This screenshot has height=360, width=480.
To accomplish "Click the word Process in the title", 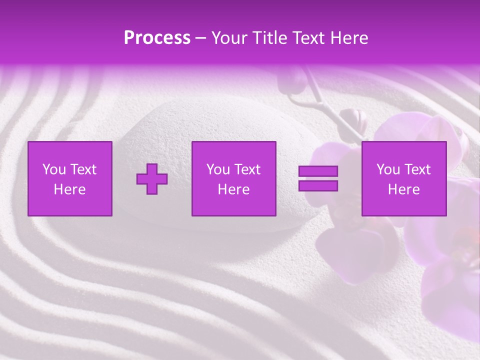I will (x=157, y=38).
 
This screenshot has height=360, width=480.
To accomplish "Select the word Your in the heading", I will (x=230, y=38).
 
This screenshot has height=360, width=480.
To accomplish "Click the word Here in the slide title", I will (x=348, y=38).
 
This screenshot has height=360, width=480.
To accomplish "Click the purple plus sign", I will (x=152, y=178).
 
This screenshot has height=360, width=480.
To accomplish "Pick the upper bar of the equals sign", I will (x=318, y=171).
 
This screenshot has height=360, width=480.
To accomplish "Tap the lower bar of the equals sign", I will (x=318, y=186).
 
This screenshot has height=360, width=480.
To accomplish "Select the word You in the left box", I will (x=53, y=169).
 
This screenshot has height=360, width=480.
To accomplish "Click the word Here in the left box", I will (x=69, y=189).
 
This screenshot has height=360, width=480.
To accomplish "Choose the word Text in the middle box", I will (x=246, y=169).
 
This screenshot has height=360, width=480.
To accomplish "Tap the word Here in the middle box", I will (x=233, y=189).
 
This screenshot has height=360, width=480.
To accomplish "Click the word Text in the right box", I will (x=416, y=169).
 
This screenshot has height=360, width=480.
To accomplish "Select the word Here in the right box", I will (x=403, y=189).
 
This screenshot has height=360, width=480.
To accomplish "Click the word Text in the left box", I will (x=82, y=169).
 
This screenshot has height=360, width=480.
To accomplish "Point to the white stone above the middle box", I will (x=200, y=120).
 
